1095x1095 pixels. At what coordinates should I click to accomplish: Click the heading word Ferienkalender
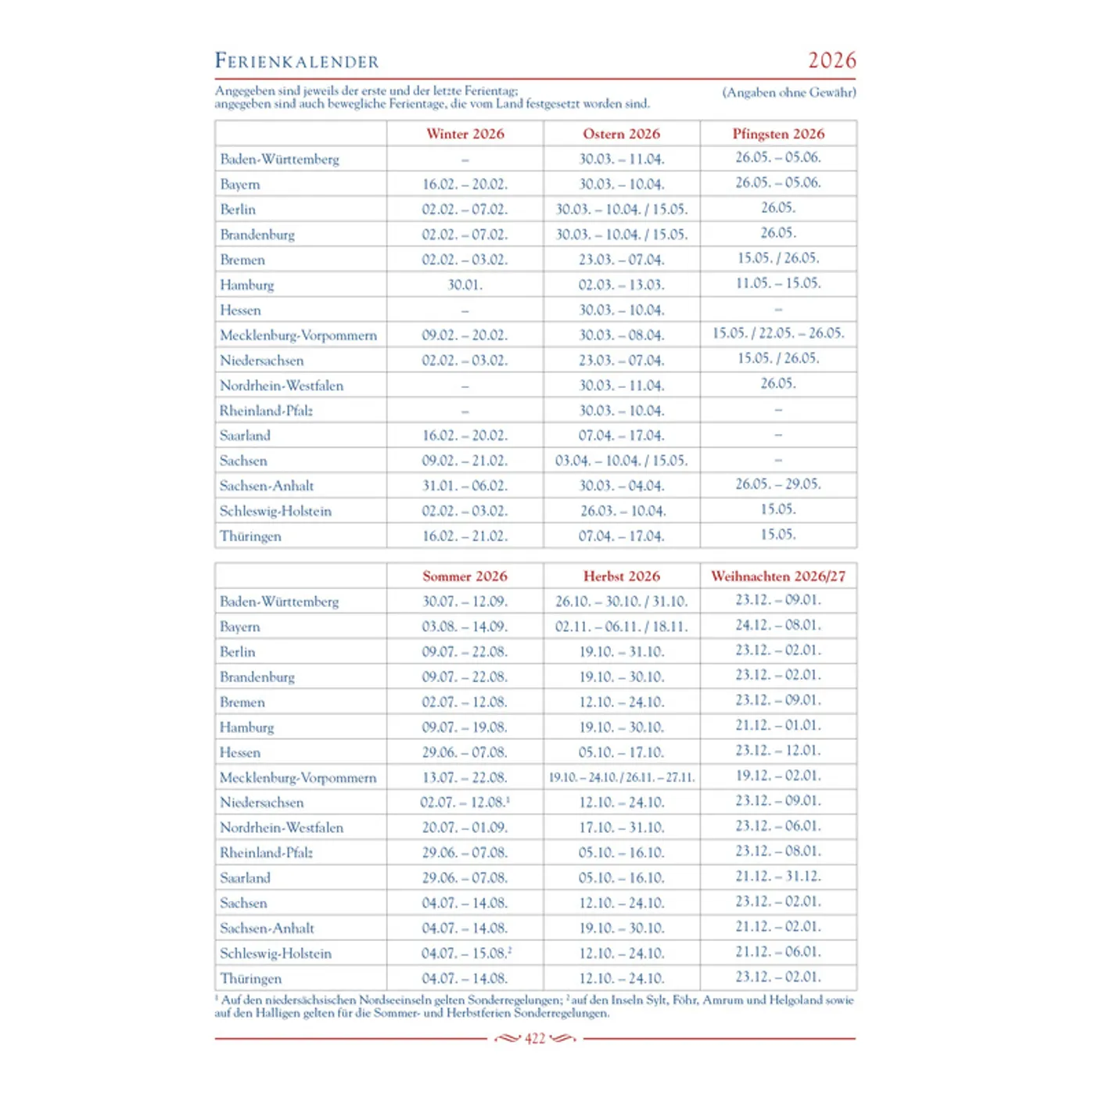click(x=296, y=61)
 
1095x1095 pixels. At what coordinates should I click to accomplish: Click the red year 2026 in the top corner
click(x=831, y=60)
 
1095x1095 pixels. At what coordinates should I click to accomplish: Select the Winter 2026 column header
click(x=465, y=134)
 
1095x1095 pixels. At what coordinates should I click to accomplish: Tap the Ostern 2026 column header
click(x=621, y=134)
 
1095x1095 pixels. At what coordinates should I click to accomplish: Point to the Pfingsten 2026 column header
click(x=778, y=134)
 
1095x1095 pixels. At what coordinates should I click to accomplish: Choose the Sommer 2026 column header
click(x=465, y=576)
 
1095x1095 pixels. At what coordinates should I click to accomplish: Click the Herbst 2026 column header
click(x=621, y=576)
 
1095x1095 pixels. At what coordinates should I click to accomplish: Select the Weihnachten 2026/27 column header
click(x=778, y=576)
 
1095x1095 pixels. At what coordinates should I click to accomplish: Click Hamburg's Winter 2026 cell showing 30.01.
click(x=465, y=285)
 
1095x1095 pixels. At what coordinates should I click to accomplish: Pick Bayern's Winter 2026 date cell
click(x=465, y=185)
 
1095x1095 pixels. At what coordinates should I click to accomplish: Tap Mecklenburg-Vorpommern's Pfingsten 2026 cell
click(x=778, y=333)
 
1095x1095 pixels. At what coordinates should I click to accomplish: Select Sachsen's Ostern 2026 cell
click(x=621, y=461)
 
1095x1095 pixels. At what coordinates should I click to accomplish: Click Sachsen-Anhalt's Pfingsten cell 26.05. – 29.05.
click(x=778, y=484)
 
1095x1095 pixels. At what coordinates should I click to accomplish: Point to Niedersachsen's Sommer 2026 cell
click(x=465, y=802)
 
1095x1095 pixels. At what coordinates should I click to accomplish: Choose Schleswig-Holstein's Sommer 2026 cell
click(x=466, y=953)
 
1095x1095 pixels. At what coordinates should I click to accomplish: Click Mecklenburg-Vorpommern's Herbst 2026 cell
click(x=621, y=777)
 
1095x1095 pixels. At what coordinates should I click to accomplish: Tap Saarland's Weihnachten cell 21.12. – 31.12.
click(x=778, y=877)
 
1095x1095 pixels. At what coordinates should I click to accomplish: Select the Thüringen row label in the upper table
click(x=250, y=537)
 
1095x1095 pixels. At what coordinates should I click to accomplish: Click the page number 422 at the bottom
click(x=535, y=1039)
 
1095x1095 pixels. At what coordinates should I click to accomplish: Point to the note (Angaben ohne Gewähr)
click(x=788, y=92)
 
